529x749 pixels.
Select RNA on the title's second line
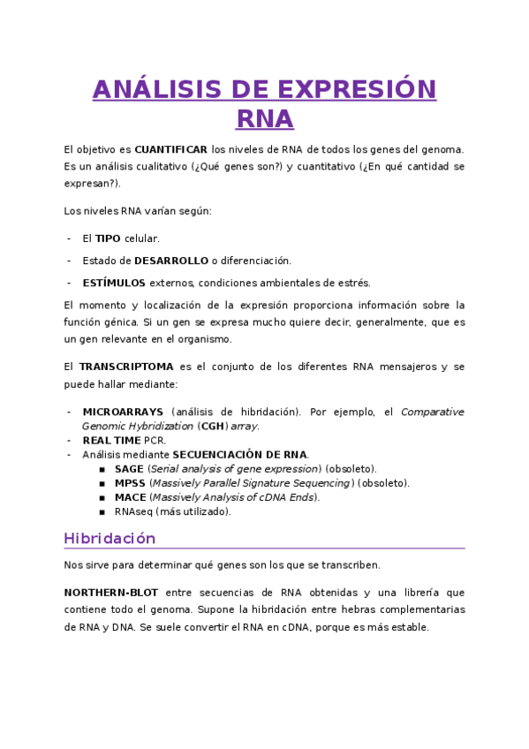(265, 119)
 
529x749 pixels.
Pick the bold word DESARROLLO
(171, 261)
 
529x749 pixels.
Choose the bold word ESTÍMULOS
(114, 283)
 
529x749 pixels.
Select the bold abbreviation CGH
(213, 426)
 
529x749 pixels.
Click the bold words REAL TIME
(111, 440)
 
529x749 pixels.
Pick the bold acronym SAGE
(129, 468)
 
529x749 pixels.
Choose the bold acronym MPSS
(130, 483)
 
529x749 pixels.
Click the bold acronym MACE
(130, 497)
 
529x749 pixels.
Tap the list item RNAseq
(133, 511)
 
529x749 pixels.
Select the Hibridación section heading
(110, 538)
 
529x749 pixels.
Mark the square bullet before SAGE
(102, 469)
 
